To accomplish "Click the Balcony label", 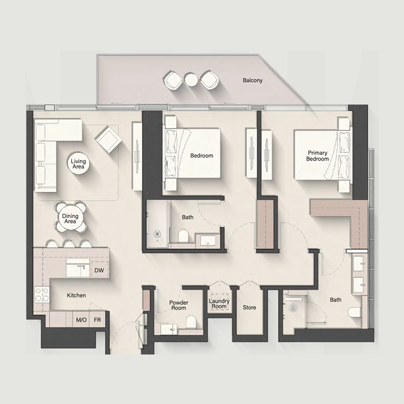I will [252, 80].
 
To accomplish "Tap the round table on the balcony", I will [190, 79].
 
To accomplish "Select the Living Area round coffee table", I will [78, 164].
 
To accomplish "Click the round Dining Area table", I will [70, 218].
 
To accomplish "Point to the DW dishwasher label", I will [99, 271].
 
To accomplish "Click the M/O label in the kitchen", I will [81, 320].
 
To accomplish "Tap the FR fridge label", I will [97, 320].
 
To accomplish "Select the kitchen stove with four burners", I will [41, 294].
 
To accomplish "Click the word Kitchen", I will [76, 295].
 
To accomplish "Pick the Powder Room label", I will [178, 306].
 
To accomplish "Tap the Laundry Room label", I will [219, 304].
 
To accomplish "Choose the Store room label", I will [249, 307].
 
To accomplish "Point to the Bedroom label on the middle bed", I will [201, 156].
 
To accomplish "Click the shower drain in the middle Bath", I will [158, 235].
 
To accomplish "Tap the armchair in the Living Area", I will [108, 138].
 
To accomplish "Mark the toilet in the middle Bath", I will [183, 237].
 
